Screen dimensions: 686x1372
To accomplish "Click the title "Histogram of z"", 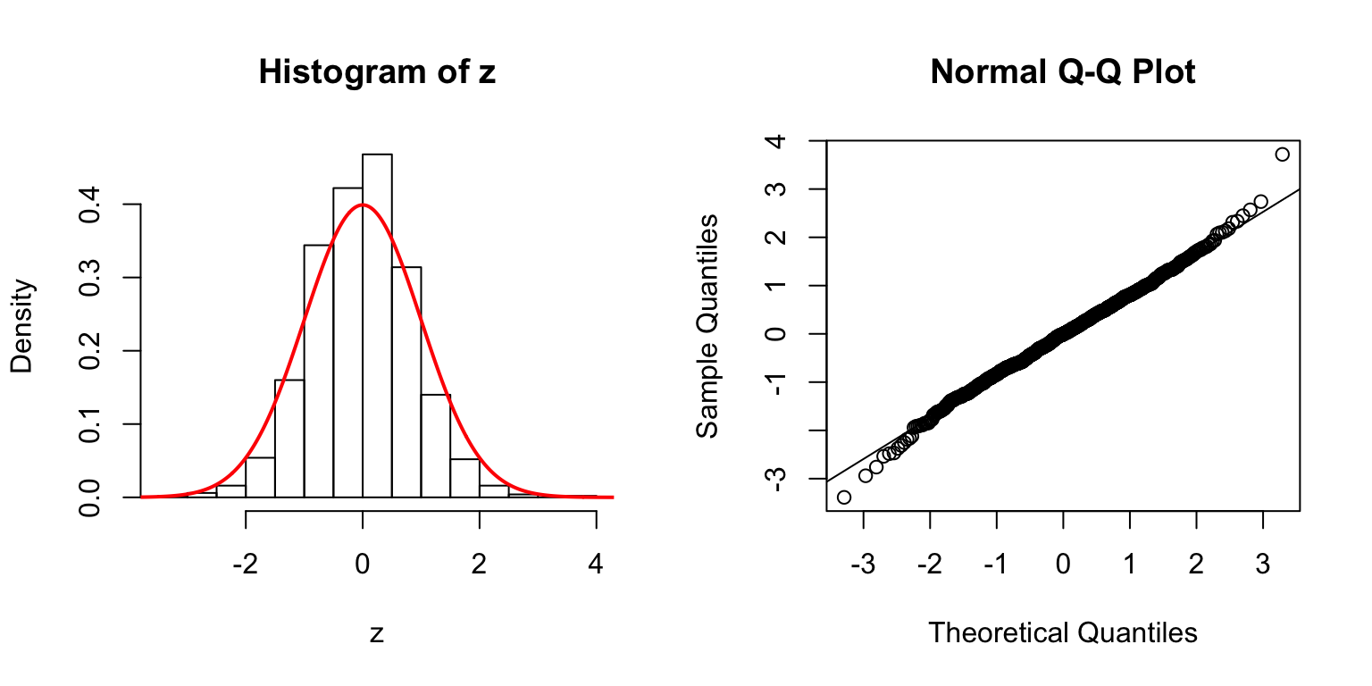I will [x=376, y=72].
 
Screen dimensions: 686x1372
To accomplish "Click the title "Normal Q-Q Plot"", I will [x=1062, y=72].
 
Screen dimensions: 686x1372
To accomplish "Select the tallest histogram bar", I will [x=377, y=325].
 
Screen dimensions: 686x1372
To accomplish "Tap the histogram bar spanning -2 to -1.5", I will [x=260, y=477].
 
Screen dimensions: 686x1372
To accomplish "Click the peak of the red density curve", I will [x=362, y=205].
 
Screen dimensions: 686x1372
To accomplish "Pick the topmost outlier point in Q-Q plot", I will [x=1283, y=155].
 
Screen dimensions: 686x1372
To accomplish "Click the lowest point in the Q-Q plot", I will [x=844, y=497].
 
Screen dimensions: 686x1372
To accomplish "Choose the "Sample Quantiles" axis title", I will [x=707, y=325].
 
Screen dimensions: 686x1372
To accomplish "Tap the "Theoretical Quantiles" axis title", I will [x=1062, y=633].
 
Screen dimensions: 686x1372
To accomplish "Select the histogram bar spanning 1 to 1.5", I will [x=436, y=445].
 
